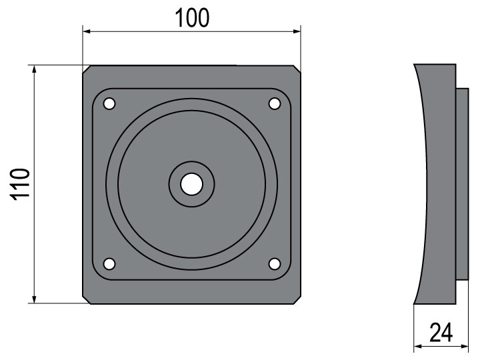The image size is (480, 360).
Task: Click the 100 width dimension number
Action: click(x=192, y=18)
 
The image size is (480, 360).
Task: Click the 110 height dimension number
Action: click(x=21, y=184)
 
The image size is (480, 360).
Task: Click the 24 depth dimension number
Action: click(x=441, y=333)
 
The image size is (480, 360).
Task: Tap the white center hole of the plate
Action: click(x=191, y=184)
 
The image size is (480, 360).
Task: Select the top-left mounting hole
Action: click(x=109, y=104)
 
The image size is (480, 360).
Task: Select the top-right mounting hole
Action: click(x=275, y=104)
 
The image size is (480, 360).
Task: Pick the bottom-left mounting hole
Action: click(x=109, y=264)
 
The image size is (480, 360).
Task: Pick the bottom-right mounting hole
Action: click(x=275, y=264)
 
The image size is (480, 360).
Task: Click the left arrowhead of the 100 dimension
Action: click(x=87, y=31)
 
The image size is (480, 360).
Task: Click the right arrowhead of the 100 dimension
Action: click(x=297, y=31)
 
